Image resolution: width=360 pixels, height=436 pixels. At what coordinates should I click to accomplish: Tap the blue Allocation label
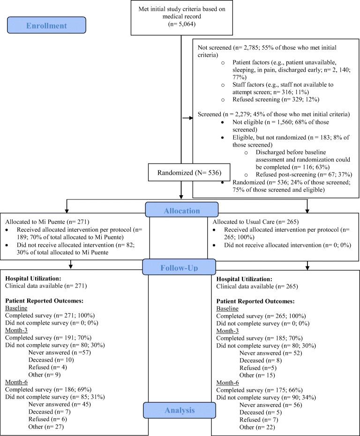[181, 211]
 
